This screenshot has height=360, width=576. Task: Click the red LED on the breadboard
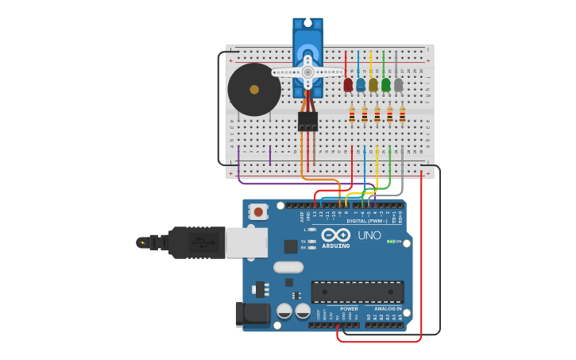click(348, 84)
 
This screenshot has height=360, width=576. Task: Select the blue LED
click(361, 84)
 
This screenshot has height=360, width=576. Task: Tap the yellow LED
click(373, 84)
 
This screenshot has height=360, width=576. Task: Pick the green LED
click(386, 84)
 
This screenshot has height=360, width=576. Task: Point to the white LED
click(399, 84)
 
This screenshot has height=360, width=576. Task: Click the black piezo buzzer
click(253, 90)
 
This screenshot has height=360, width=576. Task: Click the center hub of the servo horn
click(307, 72)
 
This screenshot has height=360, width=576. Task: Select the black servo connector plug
click(307, 121)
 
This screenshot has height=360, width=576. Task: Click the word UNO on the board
click(369, 235)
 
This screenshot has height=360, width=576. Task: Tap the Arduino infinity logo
click(336, 235)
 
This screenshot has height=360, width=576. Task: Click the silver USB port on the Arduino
click(246, 242)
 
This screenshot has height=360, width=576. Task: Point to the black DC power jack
click(252, 314)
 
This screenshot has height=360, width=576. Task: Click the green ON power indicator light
click(390, 241)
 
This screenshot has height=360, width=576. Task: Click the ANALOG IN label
click(388, 308)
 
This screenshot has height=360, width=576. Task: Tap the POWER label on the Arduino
click(349, 308)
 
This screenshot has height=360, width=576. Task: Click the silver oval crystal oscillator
click(288, 267)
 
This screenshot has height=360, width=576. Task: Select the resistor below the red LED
click(352, 116)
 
